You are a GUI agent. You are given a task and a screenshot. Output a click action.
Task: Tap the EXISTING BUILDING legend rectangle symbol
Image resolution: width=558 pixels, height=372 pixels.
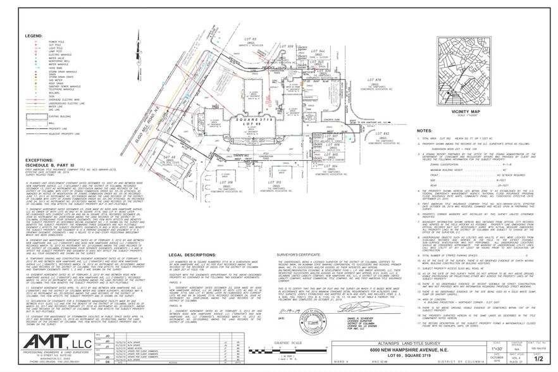pyautogui.click(x=34, y=116)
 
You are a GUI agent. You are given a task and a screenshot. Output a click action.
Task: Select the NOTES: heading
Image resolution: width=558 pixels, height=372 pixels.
pyautogui.click(x=423, y=130)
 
